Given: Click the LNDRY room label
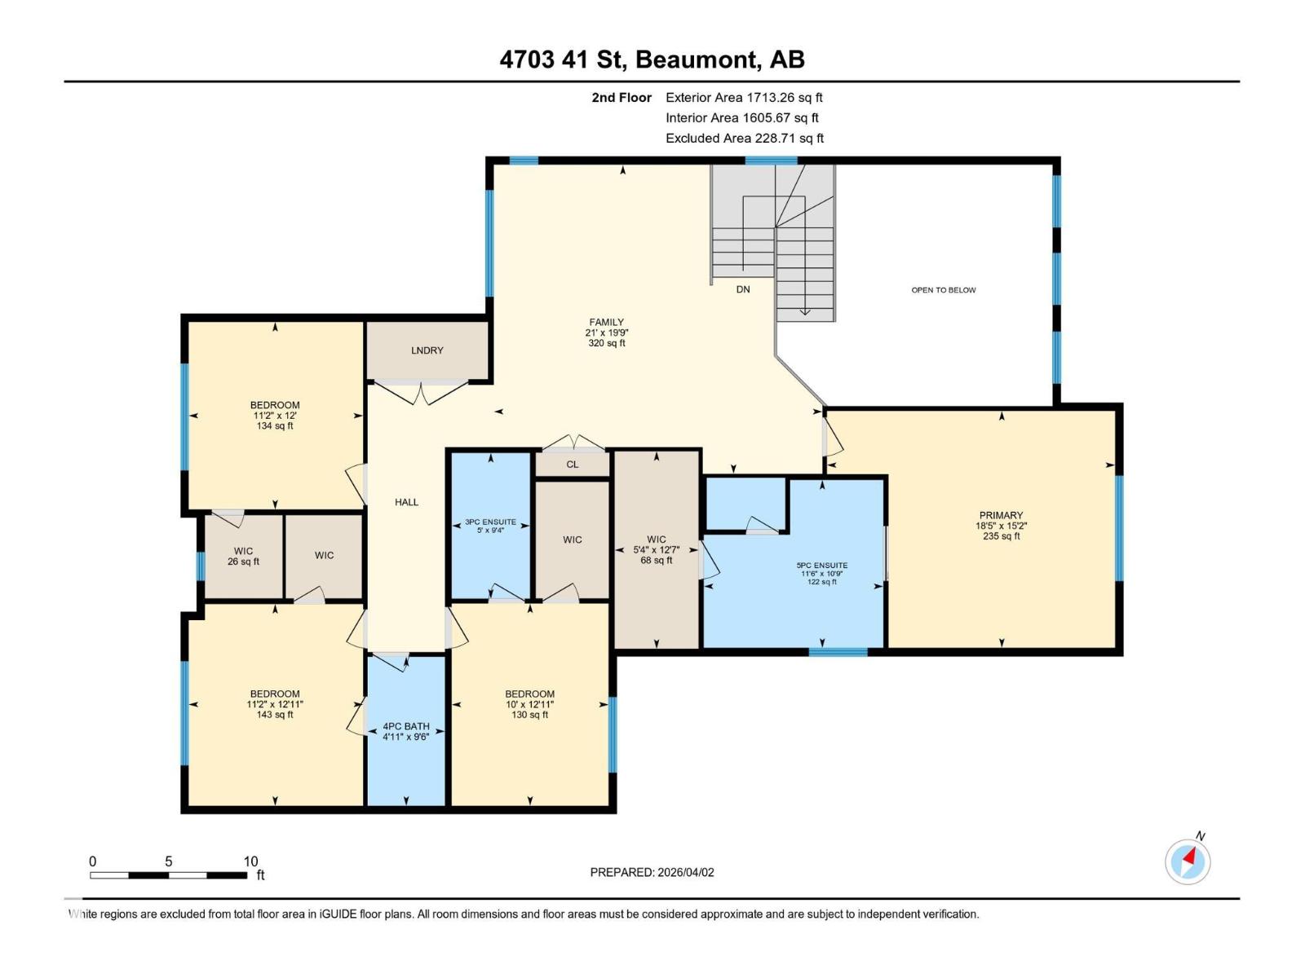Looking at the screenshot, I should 427,350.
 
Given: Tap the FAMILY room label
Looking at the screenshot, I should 606,323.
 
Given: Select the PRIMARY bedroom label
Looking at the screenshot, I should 1001,516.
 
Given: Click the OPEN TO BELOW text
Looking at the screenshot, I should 943,290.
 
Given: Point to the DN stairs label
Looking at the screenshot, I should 742,289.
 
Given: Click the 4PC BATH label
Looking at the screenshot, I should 405,727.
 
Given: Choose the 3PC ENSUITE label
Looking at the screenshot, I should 490,522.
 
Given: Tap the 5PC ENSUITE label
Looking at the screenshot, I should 821,566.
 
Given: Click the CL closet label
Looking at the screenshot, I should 572,465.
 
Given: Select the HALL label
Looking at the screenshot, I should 406,502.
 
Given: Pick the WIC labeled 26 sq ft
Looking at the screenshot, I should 243,556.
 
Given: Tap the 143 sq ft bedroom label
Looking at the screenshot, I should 275,704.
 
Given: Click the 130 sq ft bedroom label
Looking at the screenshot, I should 529,704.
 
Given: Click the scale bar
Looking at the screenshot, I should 168,875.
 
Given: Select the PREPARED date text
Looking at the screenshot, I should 652,872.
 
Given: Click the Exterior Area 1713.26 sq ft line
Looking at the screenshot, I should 743,98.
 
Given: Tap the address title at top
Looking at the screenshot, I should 652,59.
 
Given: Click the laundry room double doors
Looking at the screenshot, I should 422,393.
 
